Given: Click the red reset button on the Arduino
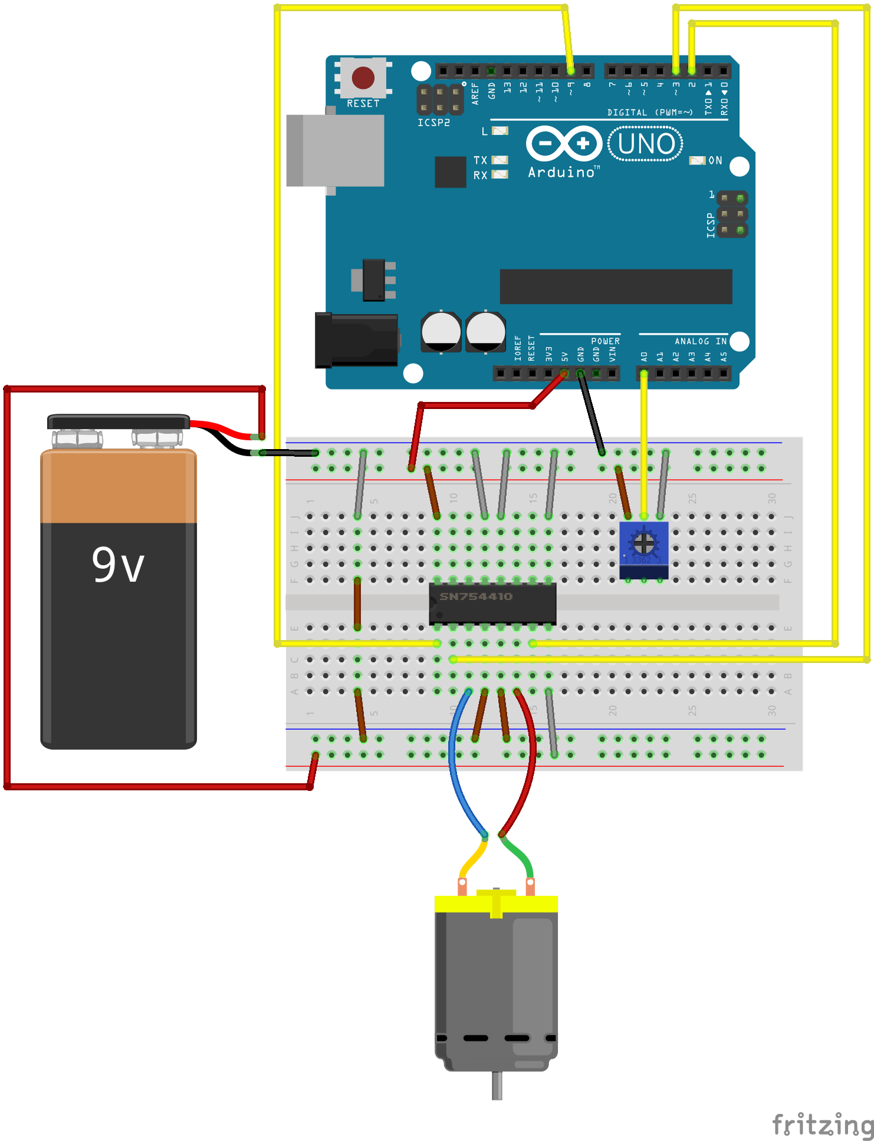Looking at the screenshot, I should tap(363, 77).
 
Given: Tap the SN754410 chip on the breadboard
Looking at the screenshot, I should tap(492, 602).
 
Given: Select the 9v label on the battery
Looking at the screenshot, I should tap(118, 565).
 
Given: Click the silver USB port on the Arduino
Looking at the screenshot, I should tap(336, 150).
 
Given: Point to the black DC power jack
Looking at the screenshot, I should tap(356, 340).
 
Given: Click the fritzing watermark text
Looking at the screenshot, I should tap(822, 1124).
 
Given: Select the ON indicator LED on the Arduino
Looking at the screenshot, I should tap(697, 160).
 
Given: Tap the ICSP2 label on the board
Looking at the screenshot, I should tap(433, 123).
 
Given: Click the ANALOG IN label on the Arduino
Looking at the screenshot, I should tap(700, 341).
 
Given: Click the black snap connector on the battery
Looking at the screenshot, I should tap(118, 421).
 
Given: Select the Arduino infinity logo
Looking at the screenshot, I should tap(564, 143).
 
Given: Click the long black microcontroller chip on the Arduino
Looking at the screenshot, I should tap(616, 286).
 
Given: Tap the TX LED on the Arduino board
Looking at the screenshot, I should tap(500, 160).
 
